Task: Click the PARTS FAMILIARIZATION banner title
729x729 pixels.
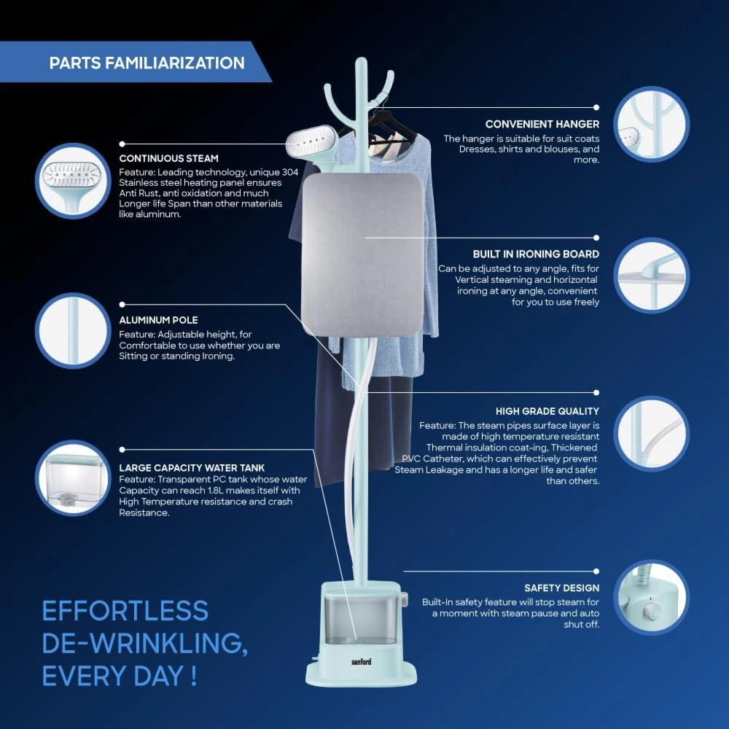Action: click(x=147, y=63)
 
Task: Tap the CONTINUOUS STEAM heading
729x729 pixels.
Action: click(x=169, y=158)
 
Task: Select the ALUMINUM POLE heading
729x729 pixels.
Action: click(x=158, y=320)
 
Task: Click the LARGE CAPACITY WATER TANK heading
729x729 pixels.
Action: click(x=192, y=468)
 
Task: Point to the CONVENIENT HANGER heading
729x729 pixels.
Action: click(x=542, y=124)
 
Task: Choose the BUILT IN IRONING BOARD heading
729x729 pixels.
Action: click(x=536, y=254)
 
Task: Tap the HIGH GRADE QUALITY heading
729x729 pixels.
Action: click(x=547, y=411)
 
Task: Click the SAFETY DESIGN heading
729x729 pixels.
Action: click(x=561, y=588)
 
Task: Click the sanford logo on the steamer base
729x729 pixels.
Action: click(x=362, y=661)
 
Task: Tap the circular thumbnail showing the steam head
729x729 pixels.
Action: click(x=73, y=181)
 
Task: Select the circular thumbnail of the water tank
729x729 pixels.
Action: click(x=73, y=478)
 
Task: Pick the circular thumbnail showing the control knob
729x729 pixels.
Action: click(x=651, y=598)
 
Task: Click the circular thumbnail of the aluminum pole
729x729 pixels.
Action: click(x=73, y=330)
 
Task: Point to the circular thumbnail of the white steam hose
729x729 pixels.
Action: click(x=651, y=433)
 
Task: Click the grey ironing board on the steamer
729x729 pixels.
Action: click(x=363, y=254)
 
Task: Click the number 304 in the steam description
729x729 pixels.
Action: click(x=290, y=172)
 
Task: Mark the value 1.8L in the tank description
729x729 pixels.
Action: click(x=216, y=491)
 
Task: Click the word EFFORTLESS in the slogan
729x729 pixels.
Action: click(x=125, y=610)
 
